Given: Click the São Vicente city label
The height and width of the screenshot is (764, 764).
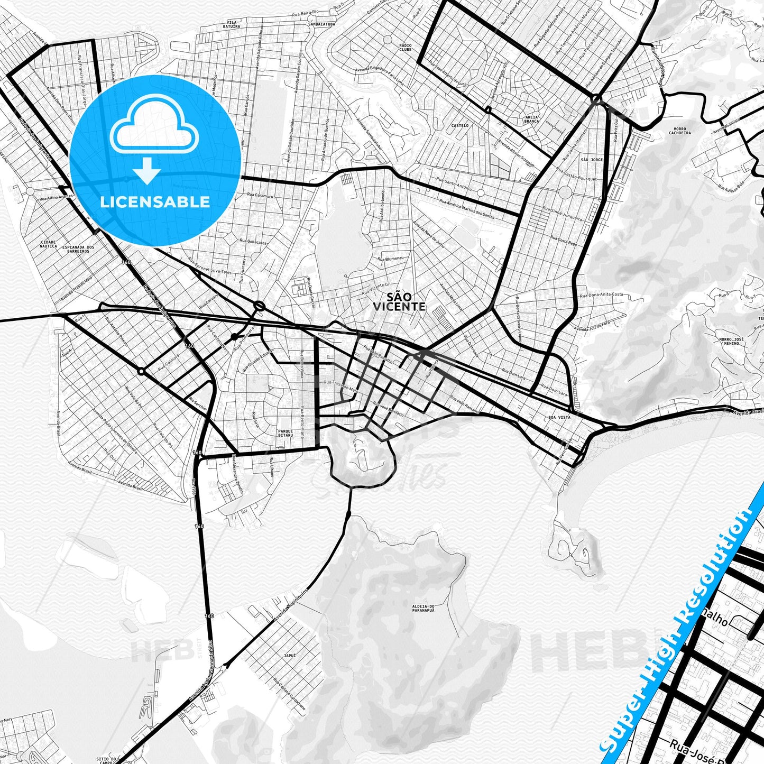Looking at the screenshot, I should [x=399, y=301].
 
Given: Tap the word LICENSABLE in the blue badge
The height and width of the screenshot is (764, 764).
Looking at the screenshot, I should [x=155, y=201].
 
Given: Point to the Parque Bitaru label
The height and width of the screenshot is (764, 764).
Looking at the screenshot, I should [x=285, y=433].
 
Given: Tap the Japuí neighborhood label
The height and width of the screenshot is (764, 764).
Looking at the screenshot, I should [x=290, y=656].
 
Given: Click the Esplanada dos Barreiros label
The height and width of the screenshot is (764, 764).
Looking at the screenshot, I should [x=78, y=249].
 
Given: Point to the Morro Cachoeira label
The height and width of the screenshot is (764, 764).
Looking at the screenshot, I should [x=680, y=131].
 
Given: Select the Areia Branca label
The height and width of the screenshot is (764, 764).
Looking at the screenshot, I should [x=531, y=119].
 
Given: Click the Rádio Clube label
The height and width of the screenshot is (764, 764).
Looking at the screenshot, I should [x=406, y=47].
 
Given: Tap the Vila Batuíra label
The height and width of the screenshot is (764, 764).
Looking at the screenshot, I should [x=232, y=24].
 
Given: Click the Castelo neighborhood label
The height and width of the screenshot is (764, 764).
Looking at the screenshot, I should [x=460, y=125].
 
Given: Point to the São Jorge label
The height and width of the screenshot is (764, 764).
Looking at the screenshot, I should [x=592, y=159].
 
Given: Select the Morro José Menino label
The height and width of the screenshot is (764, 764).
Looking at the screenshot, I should [x=731, y=341].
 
